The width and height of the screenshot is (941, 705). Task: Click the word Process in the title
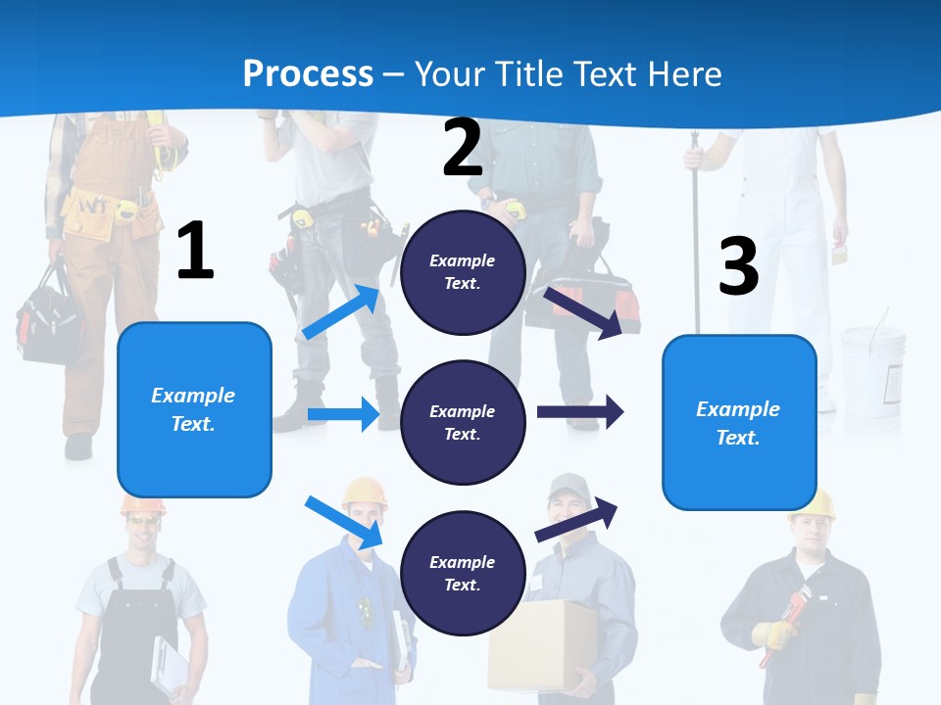(x=308, y=73)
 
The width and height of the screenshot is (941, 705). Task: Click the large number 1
(x=195, y=252)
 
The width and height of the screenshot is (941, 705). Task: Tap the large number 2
(x=463, y=148)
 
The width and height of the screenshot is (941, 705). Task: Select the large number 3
(x=738, y=266)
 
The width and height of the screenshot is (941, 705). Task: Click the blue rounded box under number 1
(x=194, y=409)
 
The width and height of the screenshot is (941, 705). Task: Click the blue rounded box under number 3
(x=739, y=422)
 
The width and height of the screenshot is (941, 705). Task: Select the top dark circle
(x=463, y=272)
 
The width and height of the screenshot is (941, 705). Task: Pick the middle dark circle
(x=463, y=422)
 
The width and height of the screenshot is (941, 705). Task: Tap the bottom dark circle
(x=463, y=573)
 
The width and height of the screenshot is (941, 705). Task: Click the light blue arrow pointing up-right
(x=341, y=312)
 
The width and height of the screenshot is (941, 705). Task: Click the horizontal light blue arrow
(x=343, y=414)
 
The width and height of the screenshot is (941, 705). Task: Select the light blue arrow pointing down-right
(x=343, y=521)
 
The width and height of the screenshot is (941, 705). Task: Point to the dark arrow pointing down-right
(x=583, y=312)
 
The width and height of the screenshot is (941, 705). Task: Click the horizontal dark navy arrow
(x=579, y=411)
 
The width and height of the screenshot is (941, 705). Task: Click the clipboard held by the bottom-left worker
(x=169, y=666)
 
